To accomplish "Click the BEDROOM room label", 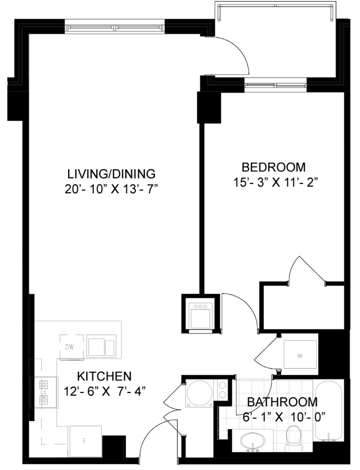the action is click(274, 167).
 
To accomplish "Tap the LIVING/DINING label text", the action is click(111, 174).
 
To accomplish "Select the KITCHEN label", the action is click(104, 376).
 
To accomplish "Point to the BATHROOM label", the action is click(283, 402).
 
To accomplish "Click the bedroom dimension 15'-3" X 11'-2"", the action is click(276, 182).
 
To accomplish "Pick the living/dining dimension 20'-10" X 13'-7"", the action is click(111, 189).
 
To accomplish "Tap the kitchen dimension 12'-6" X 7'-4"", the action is click(105, 391).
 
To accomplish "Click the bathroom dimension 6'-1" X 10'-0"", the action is click(284, 417).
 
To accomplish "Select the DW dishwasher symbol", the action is click(71, 347).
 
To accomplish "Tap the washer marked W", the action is click(300, 356).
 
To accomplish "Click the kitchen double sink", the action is click(102, 346).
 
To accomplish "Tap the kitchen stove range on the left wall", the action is click(45, 392).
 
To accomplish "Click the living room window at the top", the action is click(115, 28).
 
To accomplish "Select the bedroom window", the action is click(276, 85).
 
